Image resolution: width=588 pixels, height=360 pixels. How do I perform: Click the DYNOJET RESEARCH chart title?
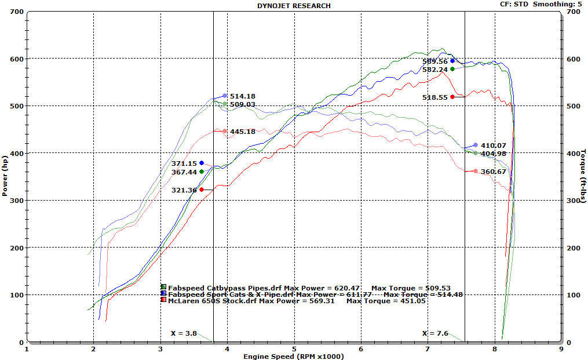click(294, 5)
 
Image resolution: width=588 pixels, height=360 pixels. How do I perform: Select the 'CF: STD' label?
click(514, 4)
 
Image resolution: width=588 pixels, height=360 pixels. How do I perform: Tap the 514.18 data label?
click(242, 96)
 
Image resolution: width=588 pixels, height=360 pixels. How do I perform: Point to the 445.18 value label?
click(242, 132)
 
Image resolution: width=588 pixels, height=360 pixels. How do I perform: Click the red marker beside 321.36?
click(202, 190)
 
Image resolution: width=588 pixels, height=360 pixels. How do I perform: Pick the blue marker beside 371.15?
click(202, 163)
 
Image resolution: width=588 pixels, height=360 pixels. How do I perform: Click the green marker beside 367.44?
click(202, 172)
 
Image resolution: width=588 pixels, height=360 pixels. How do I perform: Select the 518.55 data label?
click(435, 97)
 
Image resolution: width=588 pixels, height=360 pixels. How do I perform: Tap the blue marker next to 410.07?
click(476, 145)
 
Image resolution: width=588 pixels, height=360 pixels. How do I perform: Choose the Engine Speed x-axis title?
click(294, 356)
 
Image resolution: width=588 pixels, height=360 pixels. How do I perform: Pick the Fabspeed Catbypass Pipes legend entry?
click(218, 288)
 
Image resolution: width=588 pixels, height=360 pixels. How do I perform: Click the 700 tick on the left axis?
click(17, 12)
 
